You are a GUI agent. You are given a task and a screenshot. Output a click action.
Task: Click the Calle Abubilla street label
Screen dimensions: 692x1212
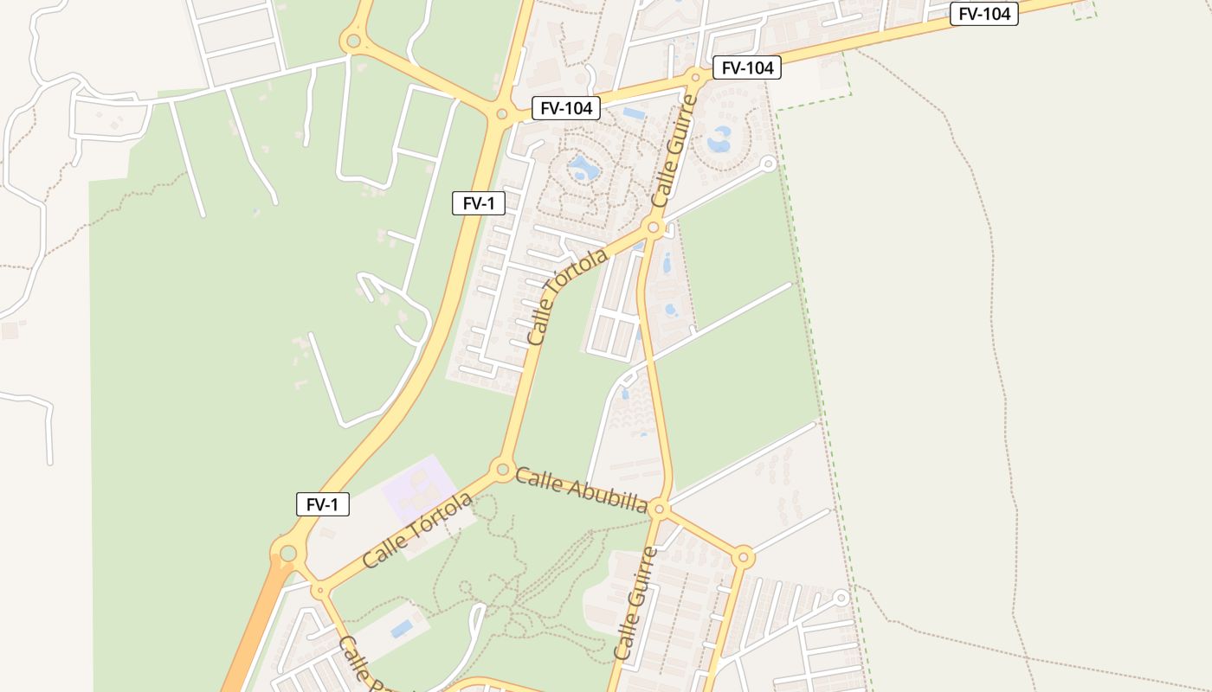click(x=581, y=490)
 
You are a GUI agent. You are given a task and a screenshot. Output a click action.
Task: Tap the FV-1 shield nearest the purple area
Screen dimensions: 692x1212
click(x=323, y=504)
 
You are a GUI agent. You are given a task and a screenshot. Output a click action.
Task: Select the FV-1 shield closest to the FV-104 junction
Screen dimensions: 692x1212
click(x=479, y=203)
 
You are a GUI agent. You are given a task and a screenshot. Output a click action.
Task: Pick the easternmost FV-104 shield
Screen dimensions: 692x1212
click(x=983, y=14)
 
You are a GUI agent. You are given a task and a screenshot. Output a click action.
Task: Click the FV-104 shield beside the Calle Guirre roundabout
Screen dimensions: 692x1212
click(x=747, y=67)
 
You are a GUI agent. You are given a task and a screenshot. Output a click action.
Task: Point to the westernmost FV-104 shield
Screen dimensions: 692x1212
click(x=566, y=108)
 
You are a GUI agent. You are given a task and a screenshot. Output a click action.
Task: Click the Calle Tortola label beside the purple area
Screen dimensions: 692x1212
click(x=418, y=529)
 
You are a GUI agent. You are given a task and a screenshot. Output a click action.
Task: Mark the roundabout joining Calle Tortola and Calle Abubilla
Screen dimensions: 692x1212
click(x=502, y=471)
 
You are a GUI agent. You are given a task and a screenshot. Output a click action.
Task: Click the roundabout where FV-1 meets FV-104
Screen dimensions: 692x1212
click(x=501, y=113)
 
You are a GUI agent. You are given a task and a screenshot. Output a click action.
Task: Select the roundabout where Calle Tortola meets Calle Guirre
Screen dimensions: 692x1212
click(x=654, y=228)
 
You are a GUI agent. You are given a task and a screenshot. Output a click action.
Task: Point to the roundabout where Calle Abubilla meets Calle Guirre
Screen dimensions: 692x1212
click(x=660, y=508)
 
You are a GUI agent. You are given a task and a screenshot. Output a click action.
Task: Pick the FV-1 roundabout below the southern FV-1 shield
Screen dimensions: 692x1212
click(x=288, y=553)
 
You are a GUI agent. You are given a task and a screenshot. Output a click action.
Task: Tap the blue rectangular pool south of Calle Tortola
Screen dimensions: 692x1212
click(x=402, y=629)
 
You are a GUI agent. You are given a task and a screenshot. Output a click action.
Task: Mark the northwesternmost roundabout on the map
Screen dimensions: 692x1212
click(x=352, y=41)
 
